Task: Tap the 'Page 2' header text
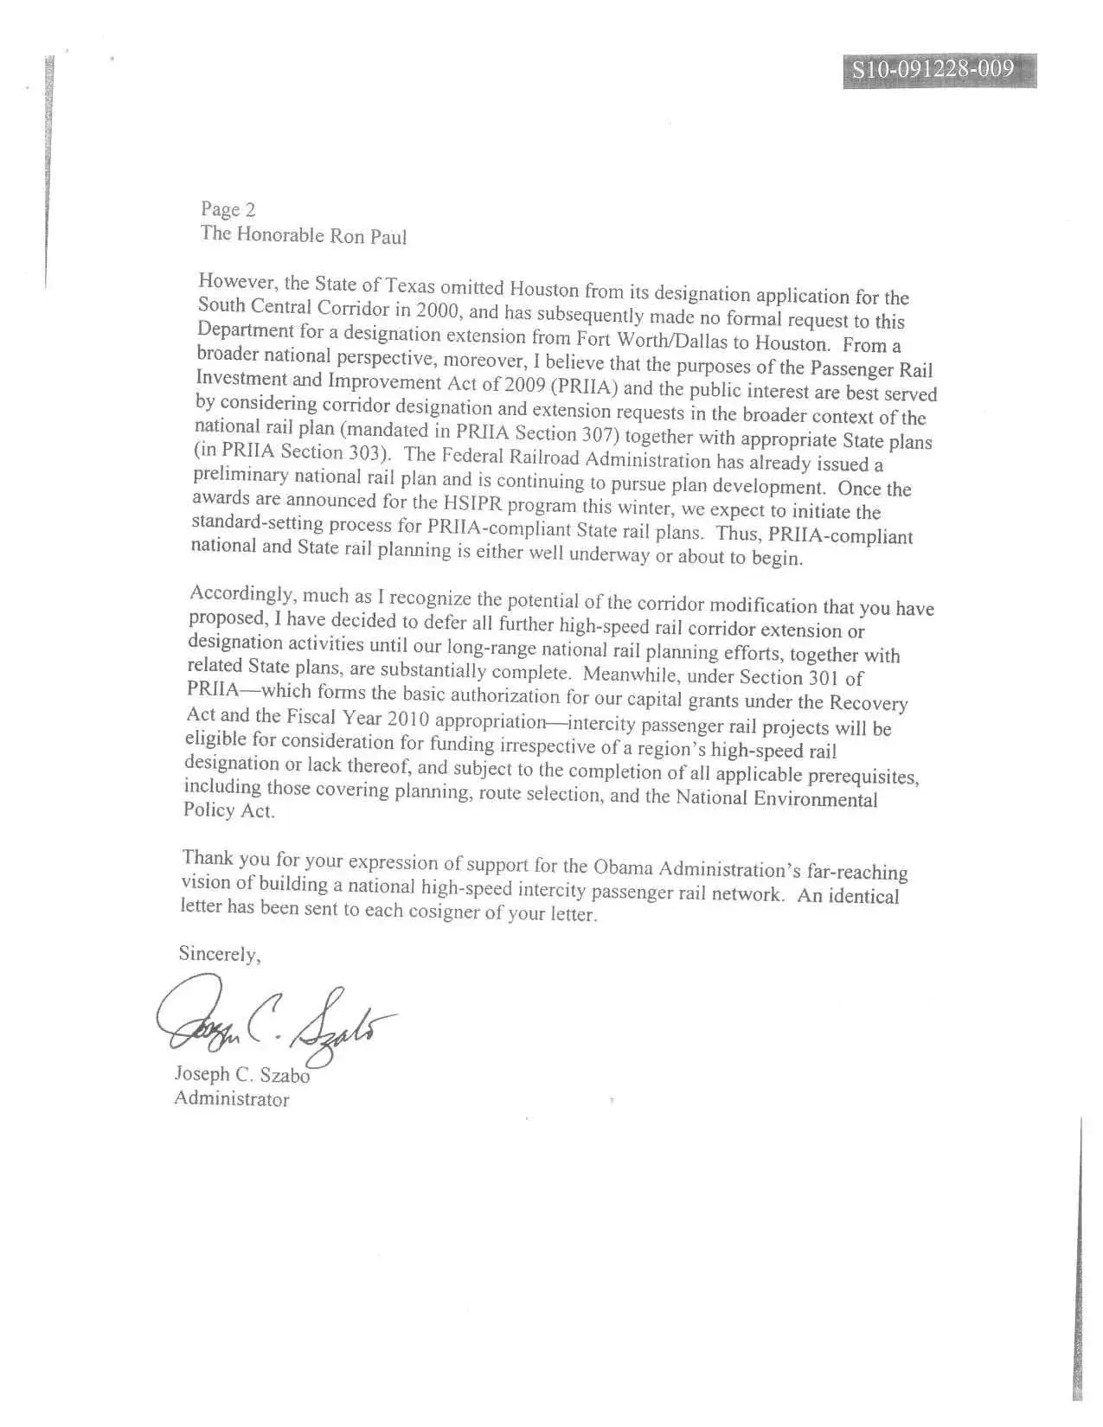tap(228, 209)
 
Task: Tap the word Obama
tap(622, 867)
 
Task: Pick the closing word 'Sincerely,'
tap(220, 954)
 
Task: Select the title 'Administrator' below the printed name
tap(232, 1099)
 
